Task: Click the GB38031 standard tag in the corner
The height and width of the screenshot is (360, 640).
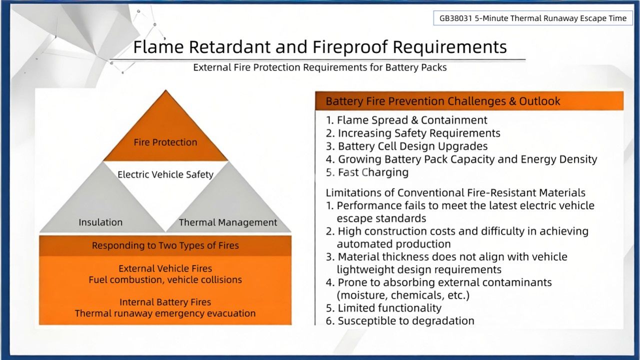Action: pyautogui.click(x=533, y=18)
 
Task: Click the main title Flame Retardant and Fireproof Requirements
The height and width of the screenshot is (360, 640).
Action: pyautogui.click(x=320, y=47)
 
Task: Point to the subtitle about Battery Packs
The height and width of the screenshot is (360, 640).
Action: pyautogui.click(x=320, y=67)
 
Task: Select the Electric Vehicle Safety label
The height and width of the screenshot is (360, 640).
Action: pyautogui.click(x=165, y=174)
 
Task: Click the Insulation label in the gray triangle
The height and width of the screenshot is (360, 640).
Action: pyautogui.click(x=100, y=222)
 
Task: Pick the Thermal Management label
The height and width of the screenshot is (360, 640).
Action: pyautogui.click(x=228, y=222)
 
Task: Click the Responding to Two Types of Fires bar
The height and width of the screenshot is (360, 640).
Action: pyautogui.click(x=165, y=245)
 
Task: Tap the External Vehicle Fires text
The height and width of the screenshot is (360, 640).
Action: pyautogui.click(x=165, y=268)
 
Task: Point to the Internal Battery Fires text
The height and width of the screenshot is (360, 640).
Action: pyautogui.click(x=165, y=302)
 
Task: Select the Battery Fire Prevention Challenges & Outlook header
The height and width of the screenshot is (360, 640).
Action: pyautogui.click(x=443, y=101)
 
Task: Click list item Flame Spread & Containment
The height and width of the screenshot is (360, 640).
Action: pyautogui.click(x=406, y=120)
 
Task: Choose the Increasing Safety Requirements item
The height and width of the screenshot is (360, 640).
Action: pyautogui.click(x=413, y=133)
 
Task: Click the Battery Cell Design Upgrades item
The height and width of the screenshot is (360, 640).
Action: pyautogui.click(x=406, y=146)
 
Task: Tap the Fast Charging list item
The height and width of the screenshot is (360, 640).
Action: pyautogui.click(x=367, y=172)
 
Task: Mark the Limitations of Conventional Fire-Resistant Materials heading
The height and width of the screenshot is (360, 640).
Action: pyautogui.click(x=455, y=192)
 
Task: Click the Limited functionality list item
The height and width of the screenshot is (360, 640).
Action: pyautogui.click(x=383, y=308)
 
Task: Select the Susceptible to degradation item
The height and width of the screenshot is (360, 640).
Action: pyautogui.click(x=400, y=321)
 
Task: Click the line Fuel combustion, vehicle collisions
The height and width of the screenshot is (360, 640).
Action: pyautogui.click(x=165, y=279)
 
